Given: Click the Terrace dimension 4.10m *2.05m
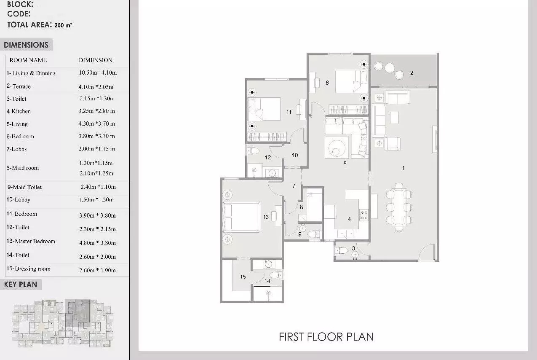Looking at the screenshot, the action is pos(96,87).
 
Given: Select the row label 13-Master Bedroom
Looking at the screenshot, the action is pos(31,241).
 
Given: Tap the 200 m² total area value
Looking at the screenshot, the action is pos(63,25).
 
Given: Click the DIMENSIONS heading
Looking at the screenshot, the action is pos(26,45).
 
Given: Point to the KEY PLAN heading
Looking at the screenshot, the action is pos(21,285).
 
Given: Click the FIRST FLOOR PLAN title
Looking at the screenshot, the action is pos(326,337).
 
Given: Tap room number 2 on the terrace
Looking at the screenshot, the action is pos(411,73).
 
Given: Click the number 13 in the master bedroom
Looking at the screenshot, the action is pos(266,217).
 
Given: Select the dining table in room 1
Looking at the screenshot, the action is pos(399,207).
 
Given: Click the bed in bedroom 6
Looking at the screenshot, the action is pos(351,81).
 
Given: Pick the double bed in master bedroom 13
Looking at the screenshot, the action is pos(241,217).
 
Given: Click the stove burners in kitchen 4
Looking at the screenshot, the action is pos(363,215).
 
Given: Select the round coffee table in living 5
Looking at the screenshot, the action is pos(337,148).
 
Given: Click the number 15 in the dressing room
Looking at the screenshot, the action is pos(243,277).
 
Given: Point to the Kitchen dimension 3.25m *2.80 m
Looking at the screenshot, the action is pos(96,111).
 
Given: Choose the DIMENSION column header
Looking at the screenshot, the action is pos(96,60).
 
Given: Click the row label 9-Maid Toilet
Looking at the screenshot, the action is pos(24,187).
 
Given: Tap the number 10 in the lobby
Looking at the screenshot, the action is pos(295,155).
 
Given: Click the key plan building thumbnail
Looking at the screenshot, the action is pos(62,323).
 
